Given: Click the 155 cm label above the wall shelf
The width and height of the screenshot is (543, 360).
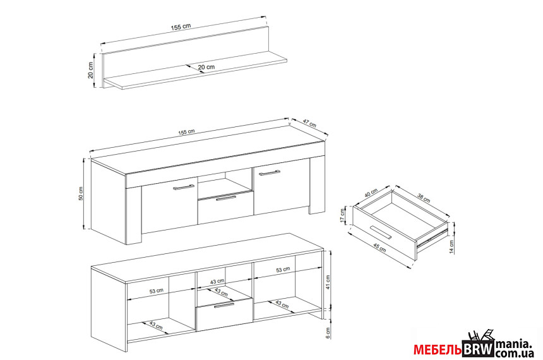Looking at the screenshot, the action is click(181, 27).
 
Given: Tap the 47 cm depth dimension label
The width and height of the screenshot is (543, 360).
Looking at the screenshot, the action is click(309, 123).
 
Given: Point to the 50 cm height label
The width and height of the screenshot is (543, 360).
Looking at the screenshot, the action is click(81, 193).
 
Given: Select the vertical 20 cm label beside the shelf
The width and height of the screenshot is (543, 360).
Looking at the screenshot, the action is click(91, 70).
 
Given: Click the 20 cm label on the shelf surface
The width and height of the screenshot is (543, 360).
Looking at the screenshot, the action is click(206, 67).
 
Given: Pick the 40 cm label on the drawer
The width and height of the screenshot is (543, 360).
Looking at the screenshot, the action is click(371, 193).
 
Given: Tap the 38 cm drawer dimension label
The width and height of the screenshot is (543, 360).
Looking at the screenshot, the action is click(424, 198).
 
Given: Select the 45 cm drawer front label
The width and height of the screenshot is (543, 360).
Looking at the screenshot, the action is click(379, 248).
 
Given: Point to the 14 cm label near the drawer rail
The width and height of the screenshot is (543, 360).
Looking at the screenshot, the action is click(451, 247).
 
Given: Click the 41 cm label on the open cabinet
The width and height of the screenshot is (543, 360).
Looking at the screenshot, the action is click(328, 282).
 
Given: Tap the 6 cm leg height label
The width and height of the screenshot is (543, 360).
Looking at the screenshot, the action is click(328, 333).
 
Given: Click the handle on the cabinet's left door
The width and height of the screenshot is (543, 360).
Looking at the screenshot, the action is click(184, 188).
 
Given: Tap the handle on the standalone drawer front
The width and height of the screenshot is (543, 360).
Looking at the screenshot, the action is click(380, 232).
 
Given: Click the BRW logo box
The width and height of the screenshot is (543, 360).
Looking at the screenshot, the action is click(477, 349).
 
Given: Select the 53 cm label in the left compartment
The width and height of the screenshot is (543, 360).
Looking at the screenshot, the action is click(156, 291).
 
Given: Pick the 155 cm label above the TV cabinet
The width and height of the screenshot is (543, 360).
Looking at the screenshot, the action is click(187, 132).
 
